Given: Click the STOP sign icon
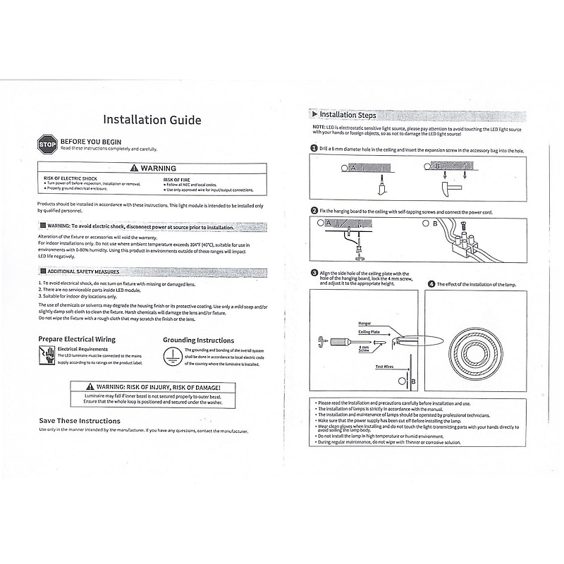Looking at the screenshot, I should (47, 145).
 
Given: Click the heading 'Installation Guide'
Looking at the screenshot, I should (152, 120).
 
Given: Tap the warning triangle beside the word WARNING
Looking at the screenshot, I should (135, 168).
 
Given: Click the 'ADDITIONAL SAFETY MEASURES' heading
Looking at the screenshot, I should (82, 271).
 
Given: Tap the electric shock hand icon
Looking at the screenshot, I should (47, 357).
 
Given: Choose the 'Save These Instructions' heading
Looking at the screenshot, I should (80, 421).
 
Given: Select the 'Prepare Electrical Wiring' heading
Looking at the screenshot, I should (77, 339).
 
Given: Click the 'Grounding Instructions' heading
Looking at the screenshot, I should (199, 340).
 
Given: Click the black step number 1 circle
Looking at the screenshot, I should (314, 149).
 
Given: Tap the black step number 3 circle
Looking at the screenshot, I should (314, 273).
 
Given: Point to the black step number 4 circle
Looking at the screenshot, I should (431, 284).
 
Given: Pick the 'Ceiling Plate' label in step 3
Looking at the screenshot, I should (369, 331).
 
